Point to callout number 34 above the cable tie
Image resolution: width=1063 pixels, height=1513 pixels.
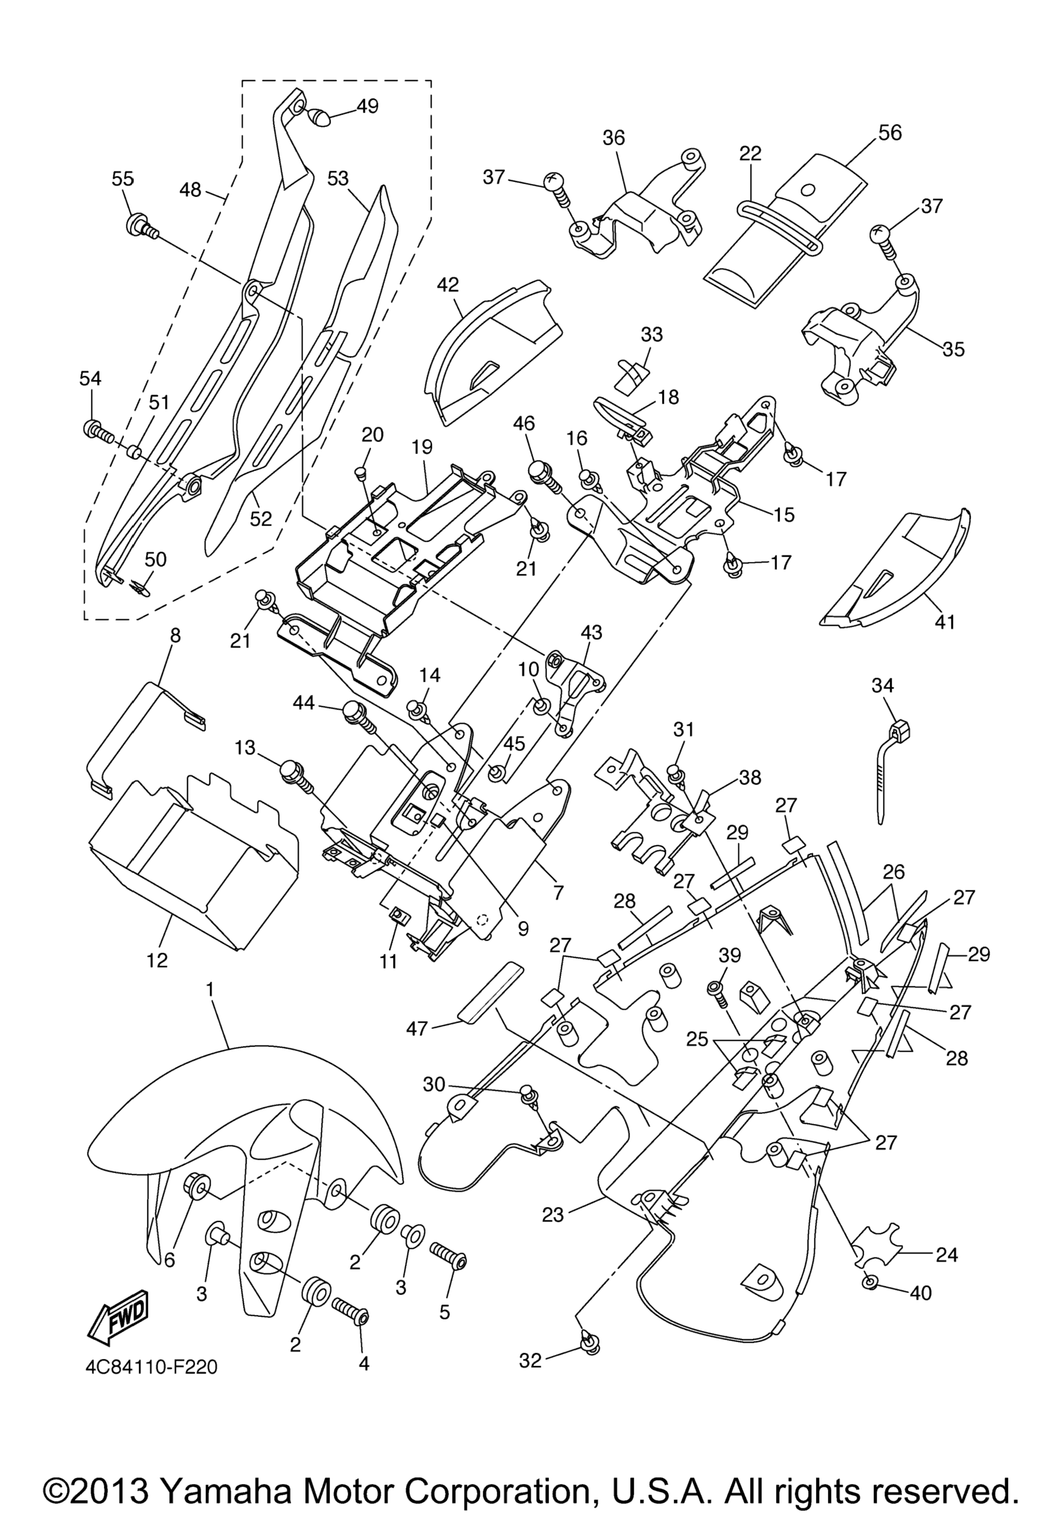[882, 686]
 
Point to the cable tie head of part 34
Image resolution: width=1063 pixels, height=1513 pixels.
[899, 730]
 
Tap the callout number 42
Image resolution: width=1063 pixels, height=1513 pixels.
[447, 285]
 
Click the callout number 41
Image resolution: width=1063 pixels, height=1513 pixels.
[945, 622]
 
